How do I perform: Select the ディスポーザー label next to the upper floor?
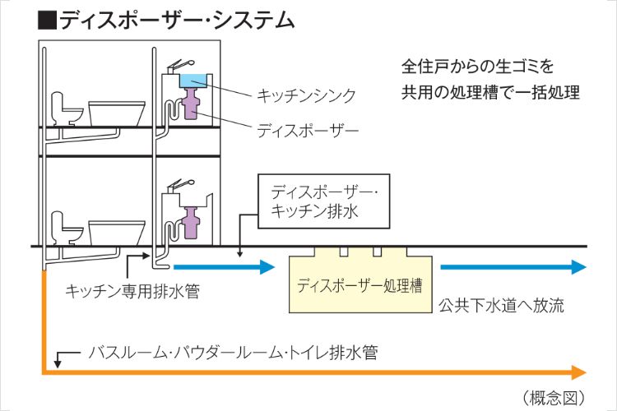pos(308,130)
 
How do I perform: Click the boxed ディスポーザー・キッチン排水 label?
pos(313,202)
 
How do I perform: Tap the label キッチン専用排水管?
pos(132,291)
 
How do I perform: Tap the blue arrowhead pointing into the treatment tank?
pos(266,267)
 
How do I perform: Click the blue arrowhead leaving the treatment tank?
pos(578,267)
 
